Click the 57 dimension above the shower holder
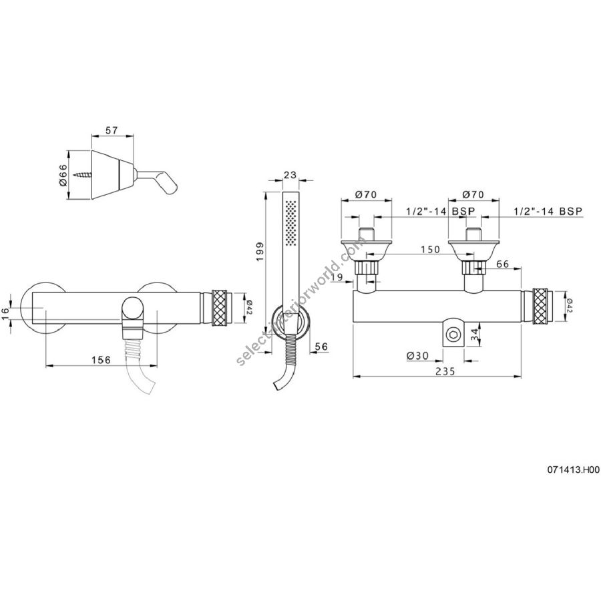pos(112,130)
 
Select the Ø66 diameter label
pos(63,175)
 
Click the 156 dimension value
pos(102,360)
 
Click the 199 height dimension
pos(260,252)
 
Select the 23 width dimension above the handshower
pos(290,175)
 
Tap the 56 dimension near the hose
pos(321,346)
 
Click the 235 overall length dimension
pos(445,371)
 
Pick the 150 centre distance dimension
pos(430,250)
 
